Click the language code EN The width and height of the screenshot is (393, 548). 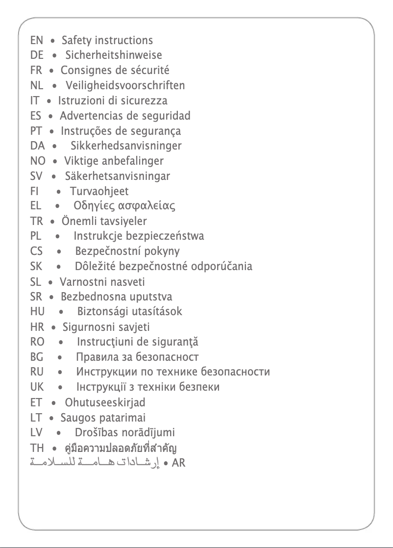point(36,41)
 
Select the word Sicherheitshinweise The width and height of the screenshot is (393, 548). point(114,55)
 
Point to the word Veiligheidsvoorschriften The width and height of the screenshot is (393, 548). point(125,86)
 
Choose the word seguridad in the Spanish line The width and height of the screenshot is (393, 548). point(166,116)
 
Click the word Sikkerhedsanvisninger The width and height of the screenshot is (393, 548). point(126,146)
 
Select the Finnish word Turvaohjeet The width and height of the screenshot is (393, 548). point(99,191)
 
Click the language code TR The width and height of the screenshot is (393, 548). point(36,222)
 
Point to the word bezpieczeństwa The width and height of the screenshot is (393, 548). point(165,237)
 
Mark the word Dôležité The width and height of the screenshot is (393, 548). point(96,267)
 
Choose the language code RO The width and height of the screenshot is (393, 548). point(37,342)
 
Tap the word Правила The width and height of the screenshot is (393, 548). point(97,357)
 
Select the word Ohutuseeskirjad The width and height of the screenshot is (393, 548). point(105,403)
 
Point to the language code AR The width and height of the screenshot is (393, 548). point(179,463)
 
